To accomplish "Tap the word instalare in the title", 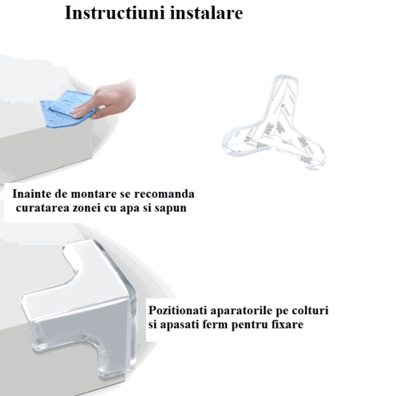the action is pyautogui.click(x=206, y=12).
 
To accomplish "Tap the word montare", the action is pyautogui.click(x=93, y=194).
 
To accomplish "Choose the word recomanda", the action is pyautogui.click(x=164, y=194).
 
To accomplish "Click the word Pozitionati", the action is pyautogui.click(x=178, y=311).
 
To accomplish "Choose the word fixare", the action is pyautogui.click(x=287, y=324).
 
